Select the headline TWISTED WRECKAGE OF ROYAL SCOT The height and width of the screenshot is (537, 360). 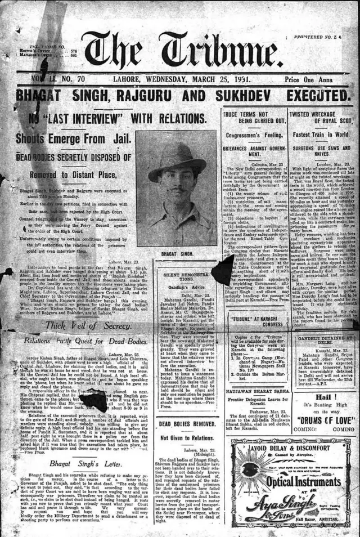[x=321, y=117]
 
